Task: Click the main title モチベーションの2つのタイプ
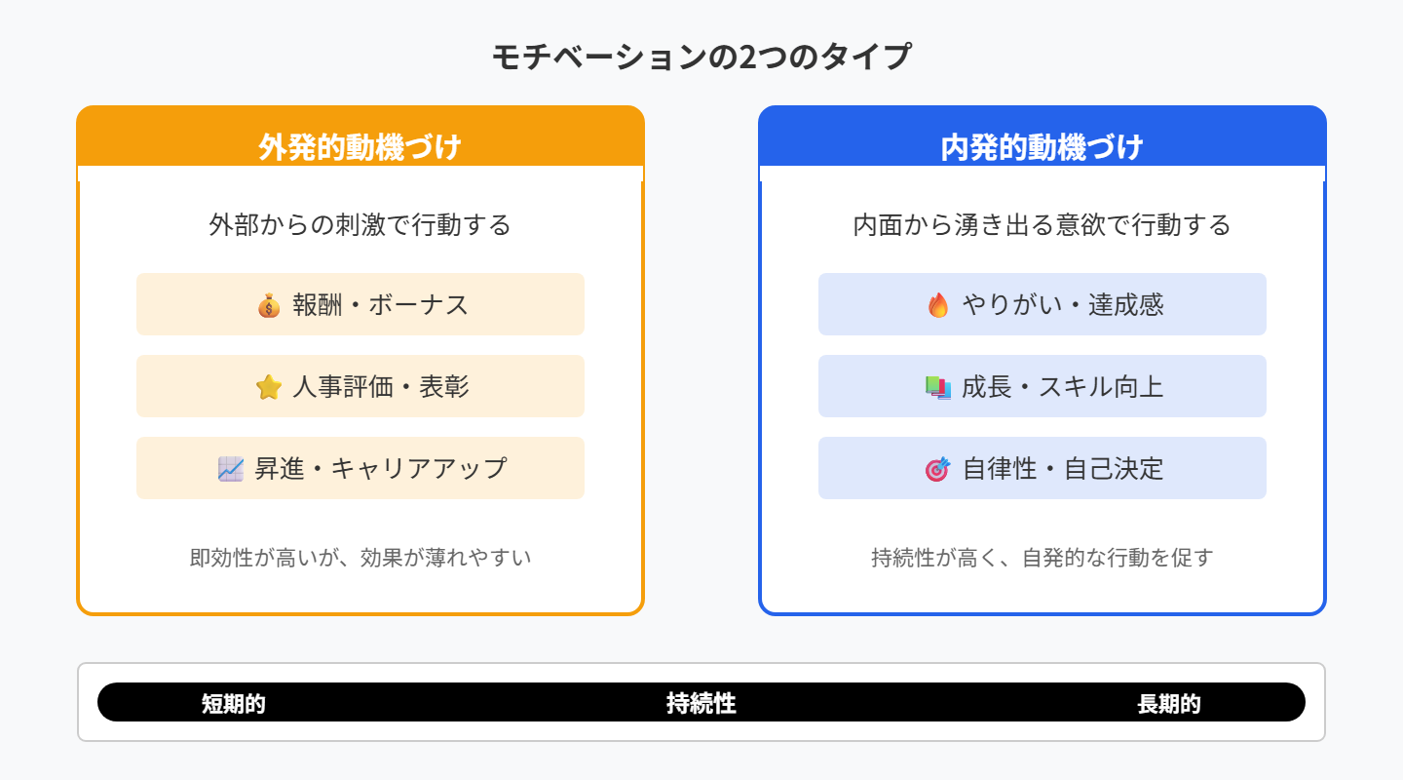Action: pyautogui.click(x=701, y=57)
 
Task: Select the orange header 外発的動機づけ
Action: pyautogui.click(x=360, y=147)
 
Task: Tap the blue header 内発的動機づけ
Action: pyautogui.click(x=1042, y=147)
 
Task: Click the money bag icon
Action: pyautogui.click(x=269, y=305)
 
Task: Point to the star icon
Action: pyautogui.click(x=269, y=387)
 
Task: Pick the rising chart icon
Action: pyautogui.click(x=231, y=469)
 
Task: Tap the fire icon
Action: pyautogui.click(x=938, y=305)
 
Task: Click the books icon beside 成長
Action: pyautogui.click(x=938, y=387)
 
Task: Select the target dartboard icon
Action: pyautogui.click(x=937, y=469)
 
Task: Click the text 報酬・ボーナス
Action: pyautogui.click(x=380, y=305)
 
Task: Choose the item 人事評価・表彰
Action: pyautogui.click(x=380, y=387)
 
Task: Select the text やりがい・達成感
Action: pyautogui.click(x=1062, y=305)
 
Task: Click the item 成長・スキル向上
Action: pyautogui.click(x=1062, y=387)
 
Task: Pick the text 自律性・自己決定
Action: pyautogui.click(x=1062, y=469)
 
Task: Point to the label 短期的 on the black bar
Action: pyautogui.click(x=234, y=704)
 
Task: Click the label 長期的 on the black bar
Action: pyautogui.click(x=1169, y=704)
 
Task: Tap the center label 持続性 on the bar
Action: pyautogui.click(x=701, y=703)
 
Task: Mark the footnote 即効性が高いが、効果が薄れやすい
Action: pyautogui.click(x=360, y=559)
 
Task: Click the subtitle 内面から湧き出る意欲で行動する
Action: pyautogui.click(x=1043, y=225)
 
